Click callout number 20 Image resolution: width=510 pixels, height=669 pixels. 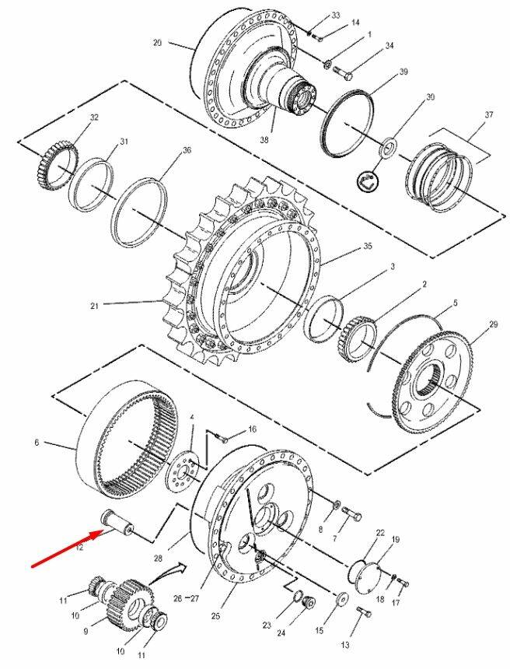[158, 43]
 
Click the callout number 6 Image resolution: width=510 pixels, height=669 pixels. [37, 443]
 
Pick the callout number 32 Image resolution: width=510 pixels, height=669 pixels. [95, 117]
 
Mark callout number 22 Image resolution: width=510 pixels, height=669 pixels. [379, 532]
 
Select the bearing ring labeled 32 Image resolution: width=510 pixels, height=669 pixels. [57, 159]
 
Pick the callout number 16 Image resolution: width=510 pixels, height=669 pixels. [251, 429]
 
